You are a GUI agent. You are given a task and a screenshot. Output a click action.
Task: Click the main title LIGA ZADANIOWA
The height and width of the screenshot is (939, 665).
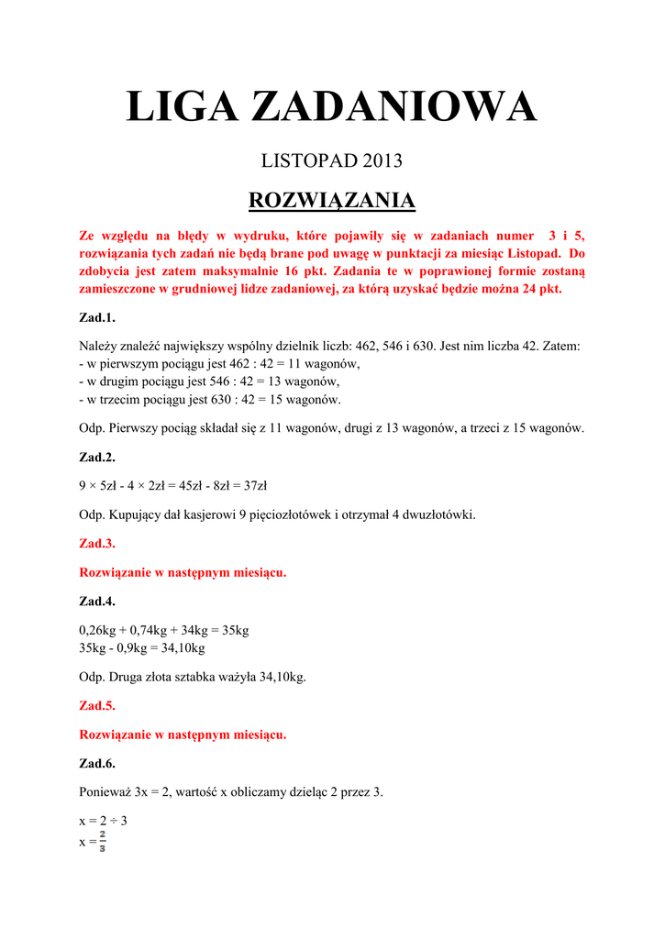[331, 107]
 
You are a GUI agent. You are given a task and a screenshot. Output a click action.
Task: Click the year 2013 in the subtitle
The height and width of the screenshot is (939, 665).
[382, 161]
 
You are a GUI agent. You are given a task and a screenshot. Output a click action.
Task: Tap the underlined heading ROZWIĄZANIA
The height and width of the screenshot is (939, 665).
[332, 201]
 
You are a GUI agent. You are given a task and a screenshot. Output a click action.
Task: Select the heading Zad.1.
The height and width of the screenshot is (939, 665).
[97, 318]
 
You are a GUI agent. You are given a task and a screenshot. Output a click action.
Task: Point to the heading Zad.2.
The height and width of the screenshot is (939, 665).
[97, 457]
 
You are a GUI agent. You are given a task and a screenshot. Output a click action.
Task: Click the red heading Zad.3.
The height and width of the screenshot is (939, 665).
[97, 544]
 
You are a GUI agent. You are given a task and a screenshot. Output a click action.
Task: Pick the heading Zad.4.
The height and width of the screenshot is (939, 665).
[97, 602]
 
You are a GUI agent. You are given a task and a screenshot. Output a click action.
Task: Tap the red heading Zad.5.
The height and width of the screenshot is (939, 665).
[97, 706]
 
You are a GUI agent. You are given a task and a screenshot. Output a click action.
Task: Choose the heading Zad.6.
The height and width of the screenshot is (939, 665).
[97, 764]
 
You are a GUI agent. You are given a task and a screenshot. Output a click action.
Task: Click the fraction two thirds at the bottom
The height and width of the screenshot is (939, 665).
[102, 840]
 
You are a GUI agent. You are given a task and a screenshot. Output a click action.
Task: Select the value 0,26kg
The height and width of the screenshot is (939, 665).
[100, 631]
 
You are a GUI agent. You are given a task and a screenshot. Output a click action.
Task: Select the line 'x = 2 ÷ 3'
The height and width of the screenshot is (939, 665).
[103, 821]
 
